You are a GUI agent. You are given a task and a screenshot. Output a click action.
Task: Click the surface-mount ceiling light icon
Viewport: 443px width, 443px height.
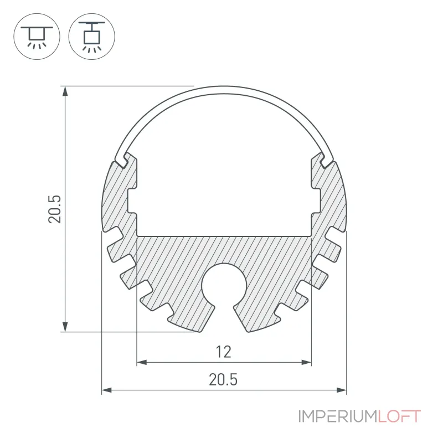37,36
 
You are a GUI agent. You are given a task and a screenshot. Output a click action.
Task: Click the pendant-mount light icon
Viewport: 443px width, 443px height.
92,36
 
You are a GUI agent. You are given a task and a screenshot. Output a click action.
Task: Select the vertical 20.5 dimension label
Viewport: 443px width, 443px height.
54,209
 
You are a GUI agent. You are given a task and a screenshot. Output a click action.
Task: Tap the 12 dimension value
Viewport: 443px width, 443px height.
224,352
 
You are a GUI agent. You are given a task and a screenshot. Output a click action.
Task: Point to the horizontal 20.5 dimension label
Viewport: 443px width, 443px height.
223,379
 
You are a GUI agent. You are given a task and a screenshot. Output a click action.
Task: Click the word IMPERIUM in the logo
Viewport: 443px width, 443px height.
338,416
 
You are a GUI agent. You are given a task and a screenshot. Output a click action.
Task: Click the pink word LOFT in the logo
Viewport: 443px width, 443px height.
399,416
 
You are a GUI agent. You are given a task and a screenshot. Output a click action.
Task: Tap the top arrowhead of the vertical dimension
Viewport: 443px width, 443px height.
65,91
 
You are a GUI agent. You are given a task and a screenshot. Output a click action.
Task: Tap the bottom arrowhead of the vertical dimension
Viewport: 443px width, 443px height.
65,326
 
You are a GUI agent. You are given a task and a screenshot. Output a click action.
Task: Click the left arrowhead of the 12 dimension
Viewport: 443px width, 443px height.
142,362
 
